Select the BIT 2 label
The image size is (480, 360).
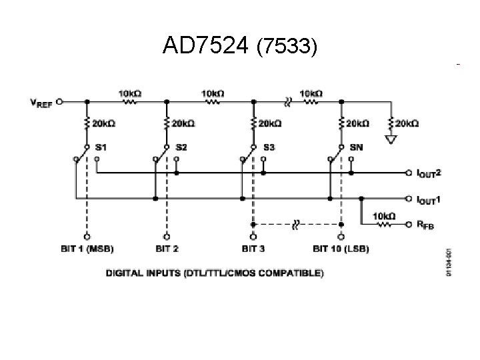tap(167, 249)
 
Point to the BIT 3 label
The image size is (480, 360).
tap(253, 249)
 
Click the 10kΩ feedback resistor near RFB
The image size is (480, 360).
tap(385, 225)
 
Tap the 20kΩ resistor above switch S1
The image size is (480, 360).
tap(87, 123)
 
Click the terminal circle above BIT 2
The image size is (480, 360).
tap(167, 235)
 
